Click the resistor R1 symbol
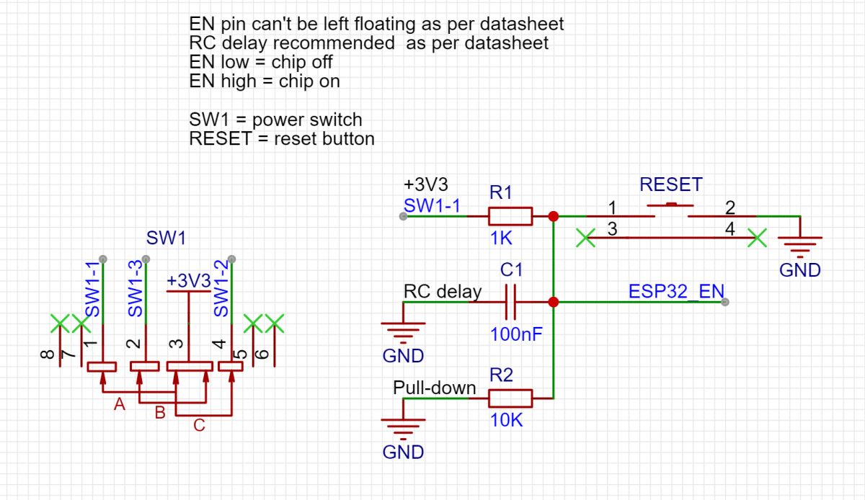click(x=510, y=216)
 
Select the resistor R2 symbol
click(x=510, y=398)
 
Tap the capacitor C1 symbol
click(x=511, y=303)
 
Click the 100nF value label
click(x=516, y=334)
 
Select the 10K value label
click(x=506, y=421)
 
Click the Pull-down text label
click(x=434, y=388)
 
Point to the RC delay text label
click(x=442, y=292)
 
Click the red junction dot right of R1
click(x=553, y=216)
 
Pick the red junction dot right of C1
click(x=553, y=303)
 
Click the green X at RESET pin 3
click(x=586, y=237)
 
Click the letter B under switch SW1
click(x=160, y=413)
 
